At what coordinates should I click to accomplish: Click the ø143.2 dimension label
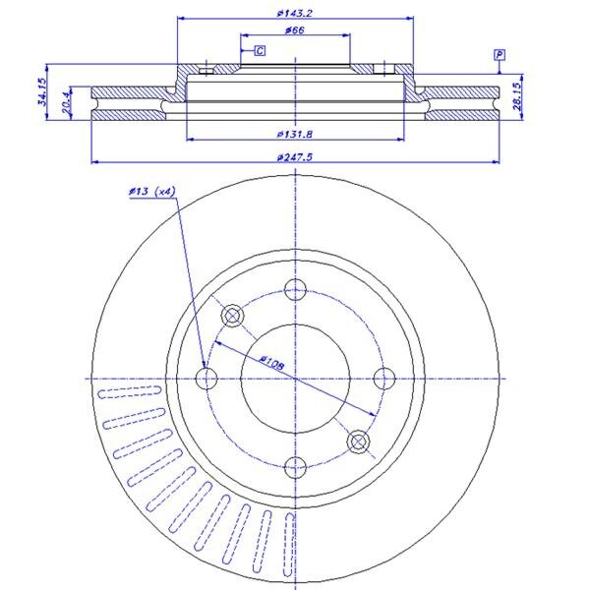295,13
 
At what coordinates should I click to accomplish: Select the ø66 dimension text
295,30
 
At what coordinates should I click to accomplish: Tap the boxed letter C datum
260,50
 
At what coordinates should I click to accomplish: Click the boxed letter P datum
500,55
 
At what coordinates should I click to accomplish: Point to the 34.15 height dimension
42,91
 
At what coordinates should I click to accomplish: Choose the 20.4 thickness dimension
66,102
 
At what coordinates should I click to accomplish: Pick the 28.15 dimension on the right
518,96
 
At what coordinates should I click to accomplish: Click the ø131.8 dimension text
295,134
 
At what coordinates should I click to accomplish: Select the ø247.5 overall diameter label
295,157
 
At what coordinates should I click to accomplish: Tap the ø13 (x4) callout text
152,192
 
